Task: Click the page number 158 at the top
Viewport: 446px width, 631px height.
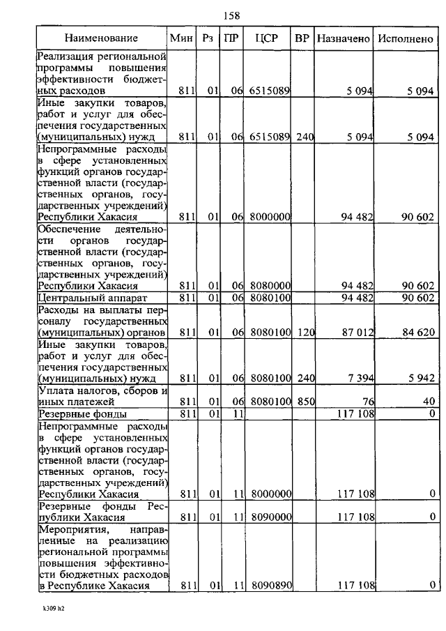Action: [231, 15]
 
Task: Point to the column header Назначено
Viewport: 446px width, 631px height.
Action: [343, 38]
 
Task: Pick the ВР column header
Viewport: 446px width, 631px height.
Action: [302, 38]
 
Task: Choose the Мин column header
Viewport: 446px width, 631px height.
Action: [180, 38]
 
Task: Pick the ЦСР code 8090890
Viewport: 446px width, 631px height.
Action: [270, 585]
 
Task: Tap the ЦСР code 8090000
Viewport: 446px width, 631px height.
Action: [270, 517]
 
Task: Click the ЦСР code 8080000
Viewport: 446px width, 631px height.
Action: [270, 286]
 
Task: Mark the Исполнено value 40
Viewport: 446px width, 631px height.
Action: [428, 402]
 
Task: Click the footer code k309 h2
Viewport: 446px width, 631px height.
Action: [53, 608]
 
